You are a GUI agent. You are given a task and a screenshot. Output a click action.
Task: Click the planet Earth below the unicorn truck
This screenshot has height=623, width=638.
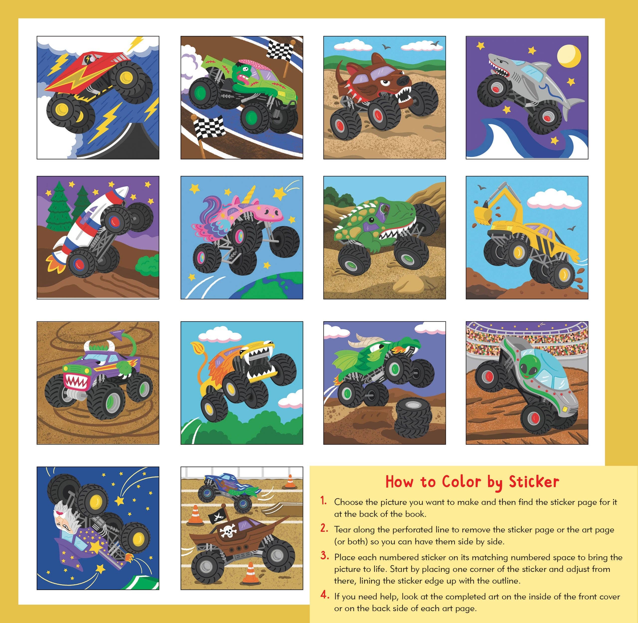click(265, 288)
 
